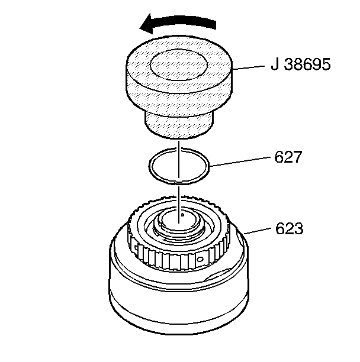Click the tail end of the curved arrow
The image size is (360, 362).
[214, 24]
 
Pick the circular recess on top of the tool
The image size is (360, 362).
[178, 63]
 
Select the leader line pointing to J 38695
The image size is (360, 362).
[249, 68]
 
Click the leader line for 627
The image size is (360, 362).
[240, 163]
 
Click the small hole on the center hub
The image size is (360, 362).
[184, 216]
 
